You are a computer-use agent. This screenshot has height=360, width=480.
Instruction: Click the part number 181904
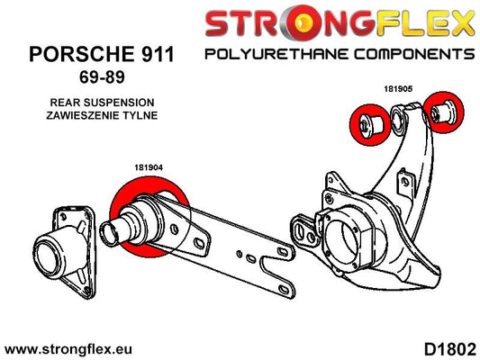(149, 167)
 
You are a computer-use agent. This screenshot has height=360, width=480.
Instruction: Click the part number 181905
(398, 89)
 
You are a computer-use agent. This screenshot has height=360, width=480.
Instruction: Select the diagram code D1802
(450, 349)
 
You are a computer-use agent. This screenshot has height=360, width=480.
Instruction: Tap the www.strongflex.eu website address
(68, 349)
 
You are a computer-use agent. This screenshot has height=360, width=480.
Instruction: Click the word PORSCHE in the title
(81, 54)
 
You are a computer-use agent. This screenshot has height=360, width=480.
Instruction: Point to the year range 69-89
(102, 76)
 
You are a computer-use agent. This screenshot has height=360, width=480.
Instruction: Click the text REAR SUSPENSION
(102, 103)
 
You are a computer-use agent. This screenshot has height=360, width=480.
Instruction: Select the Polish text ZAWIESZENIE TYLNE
(102, 115)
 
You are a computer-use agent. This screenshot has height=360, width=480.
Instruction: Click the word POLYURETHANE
(276, 54)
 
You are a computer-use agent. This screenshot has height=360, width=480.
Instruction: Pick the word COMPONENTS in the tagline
(414, 54)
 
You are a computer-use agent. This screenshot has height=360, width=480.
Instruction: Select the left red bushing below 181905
(370, 124)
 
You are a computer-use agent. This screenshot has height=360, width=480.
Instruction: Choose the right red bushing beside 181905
(444, 112)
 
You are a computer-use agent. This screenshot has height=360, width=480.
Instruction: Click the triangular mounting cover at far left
(66, 252)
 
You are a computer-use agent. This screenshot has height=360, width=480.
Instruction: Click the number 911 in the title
(158, 54)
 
